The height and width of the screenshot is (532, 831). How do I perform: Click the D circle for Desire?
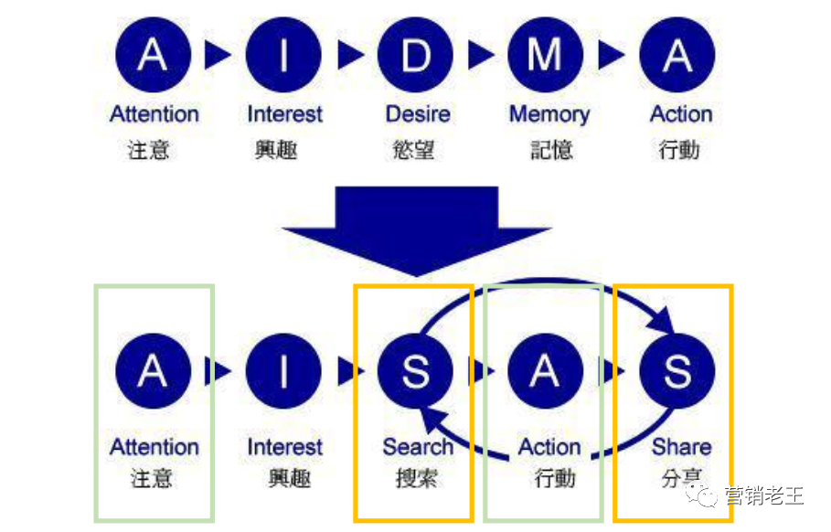tap(415, 55)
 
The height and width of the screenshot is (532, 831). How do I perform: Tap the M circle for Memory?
tap(546, 55)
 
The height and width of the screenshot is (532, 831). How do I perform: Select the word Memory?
tap(549, 114)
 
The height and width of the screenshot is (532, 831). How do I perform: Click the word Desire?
tap(418, 114)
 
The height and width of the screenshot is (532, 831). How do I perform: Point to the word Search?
tap(418, 447)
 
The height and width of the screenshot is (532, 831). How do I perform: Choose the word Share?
tap(682, 447)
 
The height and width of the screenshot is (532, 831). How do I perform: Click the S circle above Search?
tap(415, 371)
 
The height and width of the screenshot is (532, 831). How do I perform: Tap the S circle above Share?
tap(677, 371)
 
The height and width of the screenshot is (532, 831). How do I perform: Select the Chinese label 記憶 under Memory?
tap(551, 150)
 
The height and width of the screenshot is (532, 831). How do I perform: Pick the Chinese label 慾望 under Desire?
tap(413, 150)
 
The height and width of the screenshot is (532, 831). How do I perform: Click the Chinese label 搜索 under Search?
tap(417, 478)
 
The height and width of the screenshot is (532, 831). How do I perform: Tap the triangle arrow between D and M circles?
tap(481, 55)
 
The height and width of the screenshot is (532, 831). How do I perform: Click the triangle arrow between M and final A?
tap(611, 55)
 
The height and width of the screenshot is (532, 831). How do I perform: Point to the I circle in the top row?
tap(283, 55)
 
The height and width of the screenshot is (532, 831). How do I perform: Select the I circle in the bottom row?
tap(283, 371)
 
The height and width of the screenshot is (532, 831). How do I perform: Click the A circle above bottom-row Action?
tap(546, 371)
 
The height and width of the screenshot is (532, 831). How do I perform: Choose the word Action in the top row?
tap(681, 114)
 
